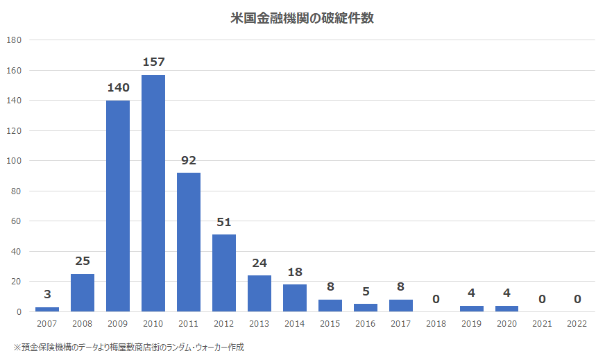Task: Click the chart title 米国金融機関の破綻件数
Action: coord(302,19)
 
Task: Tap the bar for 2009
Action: coord(118,206)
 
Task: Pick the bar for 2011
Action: coord(189,242)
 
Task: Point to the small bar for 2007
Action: coord(47,309)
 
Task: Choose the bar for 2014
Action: coord(295,298)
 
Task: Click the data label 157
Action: coord(153,62)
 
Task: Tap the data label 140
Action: coord(118,88)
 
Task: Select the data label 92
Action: coord(189,161)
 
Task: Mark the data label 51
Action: coord(224,223)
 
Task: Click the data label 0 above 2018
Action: coord(436,300)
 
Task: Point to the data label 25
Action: coord(83,262)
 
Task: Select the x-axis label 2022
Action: coord(577,324)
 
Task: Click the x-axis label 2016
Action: coord(366,324)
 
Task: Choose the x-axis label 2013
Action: coord(259,324)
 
